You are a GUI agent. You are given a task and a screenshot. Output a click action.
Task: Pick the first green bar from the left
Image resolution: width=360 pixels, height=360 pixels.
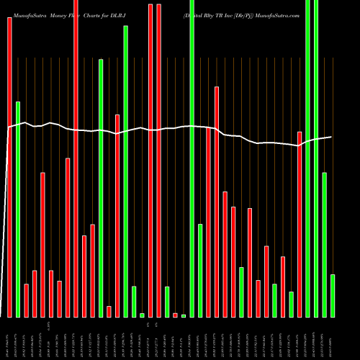tap(18, 209)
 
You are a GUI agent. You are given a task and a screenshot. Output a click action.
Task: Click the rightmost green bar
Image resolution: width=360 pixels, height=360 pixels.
tap(333, 295)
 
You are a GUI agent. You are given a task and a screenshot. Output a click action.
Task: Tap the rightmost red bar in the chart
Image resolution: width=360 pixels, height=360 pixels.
tap(300, 224)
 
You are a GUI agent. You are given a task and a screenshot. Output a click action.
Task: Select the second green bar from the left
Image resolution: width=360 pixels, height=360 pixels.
tap(101, 187)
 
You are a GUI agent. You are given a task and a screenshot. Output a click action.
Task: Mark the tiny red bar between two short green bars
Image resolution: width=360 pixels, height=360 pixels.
tap(175, 315)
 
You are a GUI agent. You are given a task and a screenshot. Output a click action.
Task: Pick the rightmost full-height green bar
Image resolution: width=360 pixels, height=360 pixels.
tap(316, 158)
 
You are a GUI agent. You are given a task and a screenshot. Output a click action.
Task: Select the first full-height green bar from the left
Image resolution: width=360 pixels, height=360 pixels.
tap(192, 158)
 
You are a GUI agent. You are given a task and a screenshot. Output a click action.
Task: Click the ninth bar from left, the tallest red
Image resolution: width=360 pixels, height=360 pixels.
tap(76, 158)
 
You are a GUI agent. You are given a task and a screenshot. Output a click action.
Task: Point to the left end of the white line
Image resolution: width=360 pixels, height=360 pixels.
tap(8, 127)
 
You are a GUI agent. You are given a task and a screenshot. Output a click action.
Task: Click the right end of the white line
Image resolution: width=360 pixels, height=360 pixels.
tap(332, 137)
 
